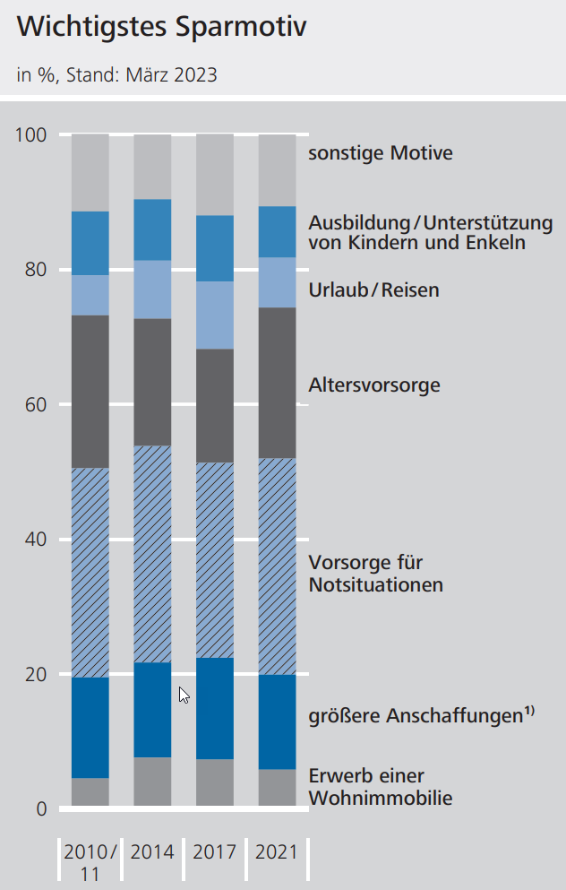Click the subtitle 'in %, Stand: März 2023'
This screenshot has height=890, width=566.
tap(116, 74)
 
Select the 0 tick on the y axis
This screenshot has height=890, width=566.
tap(40, 808)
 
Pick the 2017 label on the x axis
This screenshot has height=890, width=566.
tap(215, 851)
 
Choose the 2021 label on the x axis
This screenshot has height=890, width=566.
tap(277, 851)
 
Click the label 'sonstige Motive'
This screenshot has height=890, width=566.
tap(381, 153)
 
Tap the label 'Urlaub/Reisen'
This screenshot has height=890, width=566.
tap(374, 290)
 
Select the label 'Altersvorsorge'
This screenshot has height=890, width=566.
tap(374, 385)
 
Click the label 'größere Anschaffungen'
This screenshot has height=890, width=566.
tap(416, 716)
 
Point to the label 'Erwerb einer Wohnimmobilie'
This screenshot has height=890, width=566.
tap(381, 787)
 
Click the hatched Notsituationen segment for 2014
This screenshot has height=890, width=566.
tap(152, 554)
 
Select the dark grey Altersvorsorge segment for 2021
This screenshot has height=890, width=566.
tap(277, 383)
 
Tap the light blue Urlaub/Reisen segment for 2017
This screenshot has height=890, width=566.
tap(215, 315)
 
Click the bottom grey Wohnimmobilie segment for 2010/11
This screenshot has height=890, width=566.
tap(90, 791)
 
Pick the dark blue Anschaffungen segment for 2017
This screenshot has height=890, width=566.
tap(215, 708)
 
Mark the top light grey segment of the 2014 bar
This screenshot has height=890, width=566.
tap(152, 166)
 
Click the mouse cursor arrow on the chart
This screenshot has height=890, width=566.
tap(184, 695)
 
